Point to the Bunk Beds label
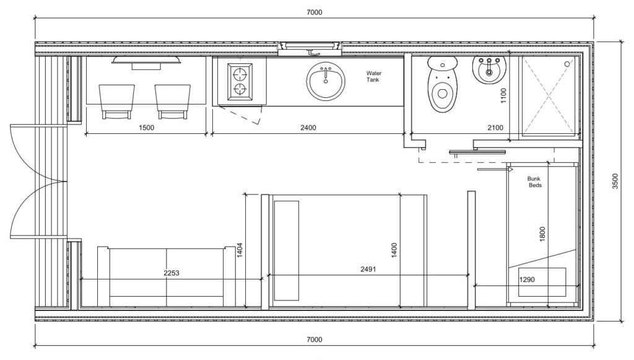tap(534, 182)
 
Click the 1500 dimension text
tap(146, 128)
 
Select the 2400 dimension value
tap(308, 128)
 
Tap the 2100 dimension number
tap(495, 128)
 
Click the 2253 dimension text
tap(171, 273)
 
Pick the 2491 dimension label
tap(369, 270)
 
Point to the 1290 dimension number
tap(527, 279)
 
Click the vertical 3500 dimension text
tap(615, 180)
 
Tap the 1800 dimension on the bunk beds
tap(542, 234)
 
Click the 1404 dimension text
tap(239, 249)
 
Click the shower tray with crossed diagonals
tap(549, 94)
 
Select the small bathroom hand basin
tap(489, 69)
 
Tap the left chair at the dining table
tap(117, 101)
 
